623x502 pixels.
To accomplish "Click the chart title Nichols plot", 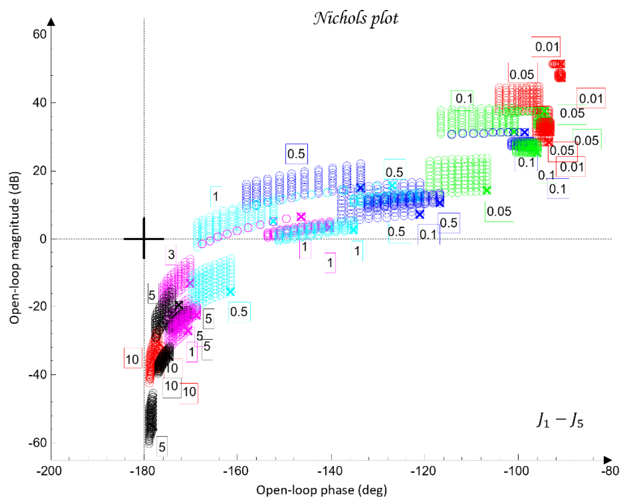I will click(355, 18).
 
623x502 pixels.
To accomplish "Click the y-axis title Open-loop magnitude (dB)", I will click(15, 247).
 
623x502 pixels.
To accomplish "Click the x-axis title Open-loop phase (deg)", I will click(321, 490).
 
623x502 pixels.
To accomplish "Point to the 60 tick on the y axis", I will click(39, 34).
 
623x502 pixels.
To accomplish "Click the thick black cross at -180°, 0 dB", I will click(144, 239).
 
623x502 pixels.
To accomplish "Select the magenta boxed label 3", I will click(171, 255).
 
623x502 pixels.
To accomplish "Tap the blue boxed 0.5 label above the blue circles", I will click(296, 154).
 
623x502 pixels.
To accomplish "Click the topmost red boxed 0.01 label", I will click(546, 47).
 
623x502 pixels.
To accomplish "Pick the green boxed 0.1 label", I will click(463, 99).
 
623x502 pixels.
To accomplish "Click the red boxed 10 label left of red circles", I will click(132, 359).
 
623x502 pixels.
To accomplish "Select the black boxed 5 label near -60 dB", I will click(162, 447).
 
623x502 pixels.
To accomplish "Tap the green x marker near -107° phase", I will click(487, 190).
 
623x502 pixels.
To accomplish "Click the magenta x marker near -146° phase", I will click(301, 217).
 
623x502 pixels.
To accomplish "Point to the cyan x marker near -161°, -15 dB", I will click(230, 291).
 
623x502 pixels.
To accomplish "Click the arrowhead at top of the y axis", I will click(51, 22).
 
